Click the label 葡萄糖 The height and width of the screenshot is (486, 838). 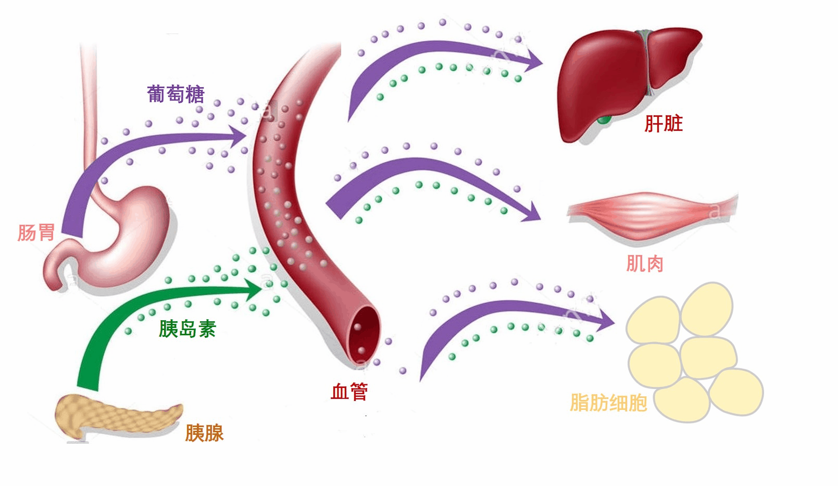[176, 94]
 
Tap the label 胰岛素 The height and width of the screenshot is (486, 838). [187, 329]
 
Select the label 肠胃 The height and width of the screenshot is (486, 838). [36, 233]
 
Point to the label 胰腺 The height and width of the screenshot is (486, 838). [204, 433]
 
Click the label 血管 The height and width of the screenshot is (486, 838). [349, 391]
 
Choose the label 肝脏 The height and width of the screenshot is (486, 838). [664, 124]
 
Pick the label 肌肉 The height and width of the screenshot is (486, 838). [644, 264]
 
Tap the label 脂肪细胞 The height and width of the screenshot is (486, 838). [608, 403]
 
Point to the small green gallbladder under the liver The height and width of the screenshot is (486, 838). [604, 120]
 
